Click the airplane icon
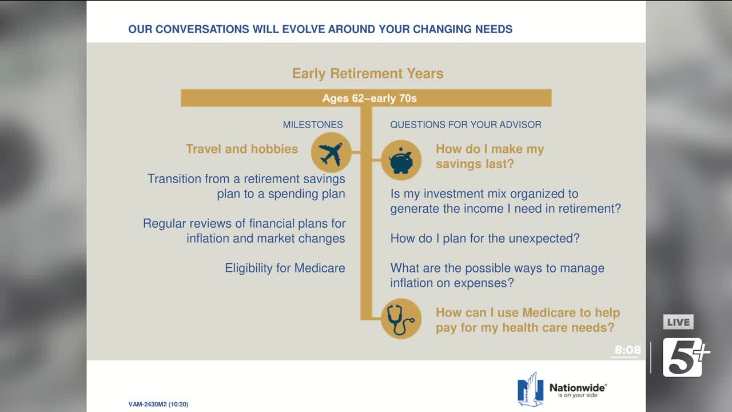pyautogui.click(x=331, y=153)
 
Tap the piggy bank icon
pyautogui.click(x=401, y=160)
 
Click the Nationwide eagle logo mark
pyautogui.click(x=530, y=389)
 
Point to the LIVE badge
pyautogui.click(x=678, y=322)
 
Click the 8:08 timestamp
pyautogui.click(x=627, y=350)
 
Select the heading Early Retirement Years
pyautogui.click(x=368, y=74)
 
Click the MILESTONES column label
pyautogui.click(x=313, y=125)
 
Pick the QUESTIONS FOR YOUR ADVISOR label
pyautogui.click(x=466, y=125)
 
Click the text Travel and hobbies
pyautogui.click(x=242, y=149)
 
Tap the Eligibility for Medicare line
pyautogui.click(x=285, y=268)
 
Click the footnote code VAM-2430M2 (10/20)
pyautogui.click(x=158, y=405)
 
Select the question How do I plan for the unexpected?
pyautogui.click(x=485, y=239)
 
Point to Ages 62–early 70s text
pyautogui.click(x=369, y=98)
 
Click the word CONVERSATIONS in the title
pyautogui.click(x=202, y=29)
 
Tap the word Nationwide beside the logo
pyautogui.click(x=578, y=388)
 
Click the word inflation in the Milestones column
pyautogui.click(x=208, y=239)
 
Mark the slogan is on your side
pyautogui.click(x=578, y=395)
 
